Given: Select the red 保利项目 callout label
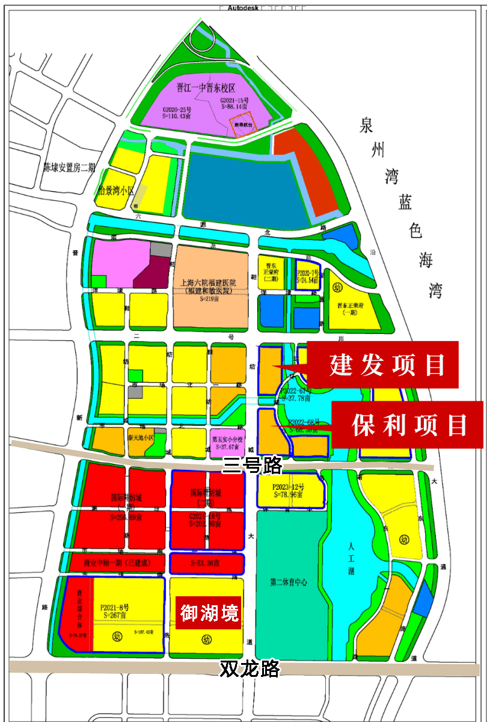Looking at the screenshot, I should coord(409,425).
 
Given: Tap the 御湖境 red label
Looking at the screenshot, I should coord(210,612).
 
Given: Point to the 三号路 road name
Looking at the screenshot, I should coord(252,464).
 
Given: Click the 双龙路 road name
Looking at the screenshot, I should coord(250,668).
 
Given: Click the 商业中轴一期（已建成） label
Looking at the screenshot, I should coord(114,564).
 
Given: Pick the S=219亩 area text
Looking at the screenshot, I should coord(211,298).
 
